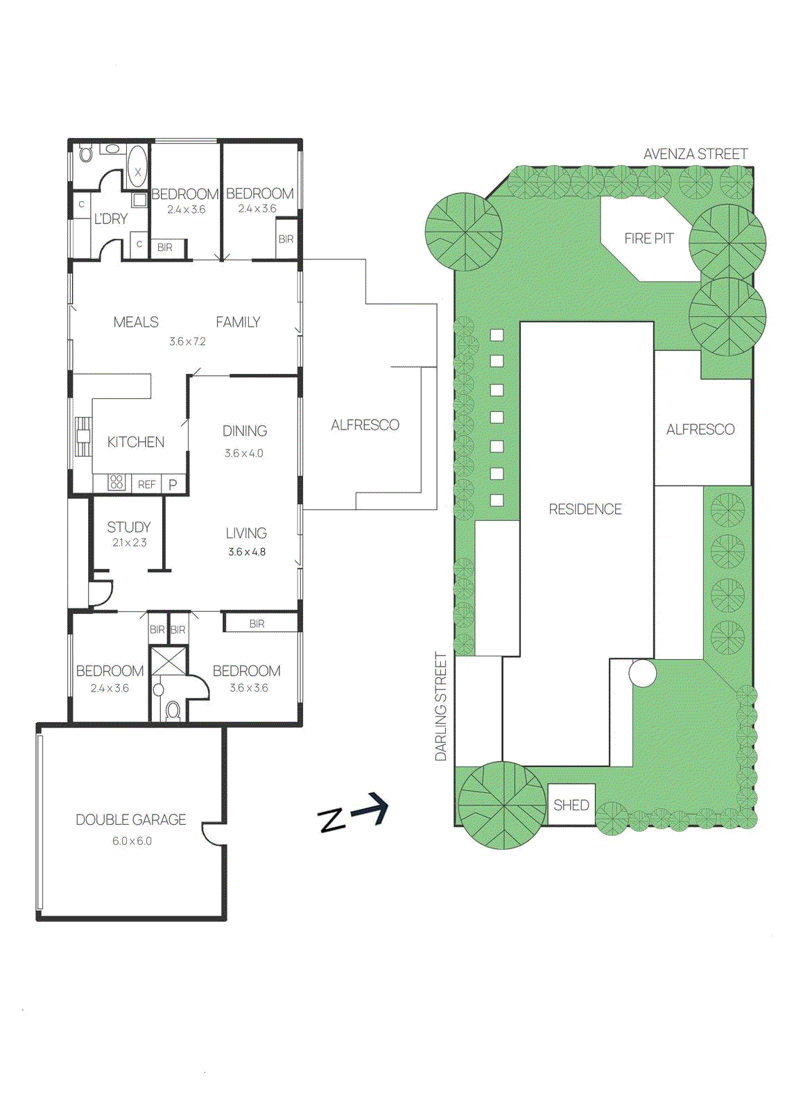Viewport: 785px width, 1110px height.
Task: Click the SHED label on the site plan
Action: click(571, 805)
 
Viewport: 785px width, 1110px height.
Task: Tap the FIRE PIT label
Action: click(648, 239)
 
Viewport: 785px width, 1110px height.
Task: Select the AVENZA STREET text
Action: click(695, 154)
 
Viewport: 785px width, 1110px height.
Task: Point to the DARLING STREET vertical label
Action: click(441, 706)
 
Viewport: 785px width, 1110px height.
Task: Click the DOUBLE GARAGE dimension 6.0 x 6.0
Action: click(132, 841)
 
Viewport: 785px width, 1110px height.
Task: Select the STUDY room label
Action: click(128, 527)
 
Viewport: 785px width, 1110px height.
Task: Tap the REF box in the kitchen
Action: click(146, 485)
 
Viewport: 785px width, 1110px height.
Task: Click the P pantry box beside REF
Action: click(173, 485)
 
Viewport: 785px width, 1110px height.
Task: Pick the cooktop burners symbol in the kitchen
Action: click(117, 482)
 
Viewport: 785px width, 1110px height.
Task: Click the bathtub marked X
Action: click(137, 167)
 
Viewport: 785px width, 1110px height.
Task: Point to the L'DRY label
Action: click(111, 219)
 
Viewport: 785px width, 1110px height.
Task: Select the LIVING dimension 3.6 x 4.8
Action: click(247, 552)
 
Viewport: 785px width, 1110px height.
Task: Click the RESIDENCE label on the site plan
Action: click(585, 509)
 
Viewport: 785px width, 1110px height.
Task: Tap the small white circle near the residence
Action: click(642, 673)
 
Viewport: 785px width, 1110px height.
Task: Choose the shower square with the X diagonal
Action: click(169, 660)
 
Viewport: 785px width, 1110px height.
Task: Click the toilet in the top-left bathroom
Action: click(85, 153)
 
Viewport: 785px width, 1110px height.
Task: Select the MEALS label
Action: click(136, 322)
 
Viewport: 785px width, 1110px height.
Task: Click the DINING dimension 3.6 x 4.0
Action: click(243, 454)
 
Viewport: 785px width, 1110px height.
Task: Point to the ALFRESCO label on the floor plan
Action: click(365, 425)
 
